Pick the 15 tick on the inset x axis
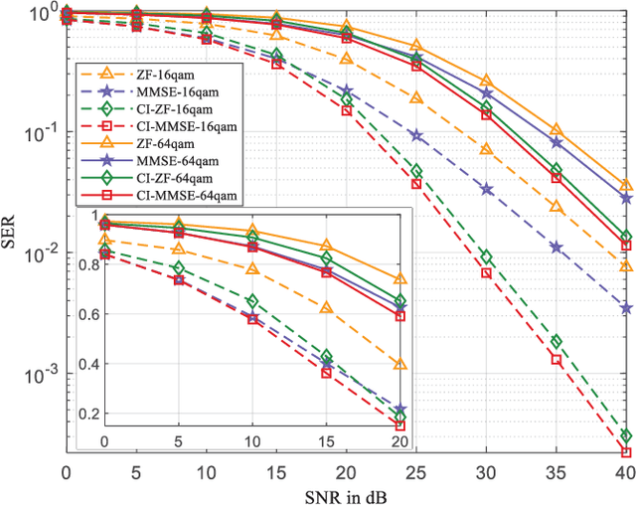pyautogui.click(x=325, y=439)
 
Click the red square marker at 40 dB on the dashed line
pyautogui.click(x=626, y=452)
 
